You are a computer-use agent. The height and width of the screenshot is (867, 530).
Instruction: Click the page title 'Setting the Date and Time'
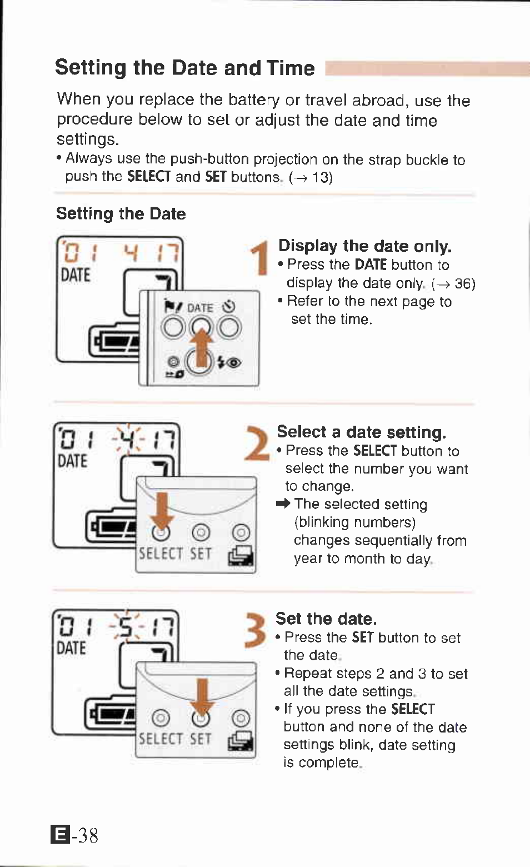[184, 68]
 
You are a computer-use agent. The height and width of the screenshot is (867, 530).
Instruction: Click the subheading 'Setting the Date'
[121, 213]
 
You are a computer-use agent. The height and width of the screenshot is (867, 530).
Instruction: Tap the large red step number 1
[258, 258]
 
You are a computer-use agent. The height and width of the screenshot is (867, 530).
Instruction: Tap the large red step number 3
[255, 630]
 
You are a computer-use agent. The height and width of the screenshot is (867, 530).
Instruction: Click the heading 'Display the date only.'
[364, 246]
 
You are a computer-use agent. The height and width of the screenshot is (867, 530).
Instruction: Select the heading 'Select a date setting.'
[361, 432]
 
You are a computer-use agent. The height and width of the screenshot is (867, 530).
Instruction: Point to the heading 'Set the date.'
[326, 619]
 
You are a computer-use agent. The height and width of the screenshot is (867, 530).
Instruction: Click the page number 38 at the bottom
[87, 835]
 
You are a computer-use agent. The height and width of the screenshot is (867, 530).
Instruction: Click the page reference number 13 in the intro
[321, 178]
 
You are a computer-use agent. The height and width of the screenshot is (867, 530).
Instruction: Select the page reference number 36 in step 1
[463, 284]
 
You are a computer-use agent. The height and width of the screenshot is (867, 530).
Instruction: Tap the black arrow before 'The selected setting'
[283, 504]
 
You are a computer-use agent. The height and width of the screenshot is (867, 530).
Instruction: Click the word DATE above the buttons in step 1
[200, 307]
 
